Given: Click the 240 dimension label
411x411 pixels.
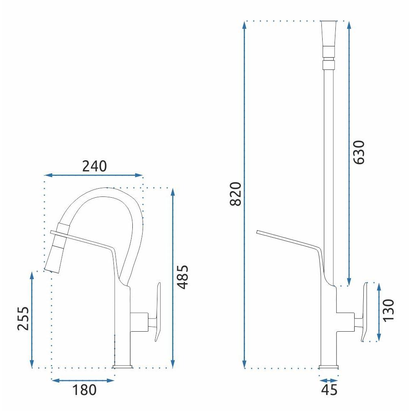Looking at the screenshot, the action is click(95, 166).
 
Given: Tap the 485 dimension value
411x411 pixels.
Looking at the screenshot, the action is click(182, 277).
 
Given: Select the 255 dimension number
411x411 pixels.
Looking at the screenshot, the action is click(23, 318).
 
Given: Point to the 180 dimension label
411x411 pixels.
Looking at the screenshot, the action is click(84, 390).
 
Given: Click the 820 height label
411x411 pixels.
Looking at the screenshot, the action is click(236, 194).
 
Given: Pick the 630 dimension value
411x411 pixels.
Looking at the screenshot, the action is click(358, 152).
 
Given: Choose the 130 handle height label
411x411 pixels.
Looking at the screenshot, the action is click(388, 309).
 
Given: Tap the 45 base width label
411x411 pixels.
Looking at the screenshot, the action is click(329, 390).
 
